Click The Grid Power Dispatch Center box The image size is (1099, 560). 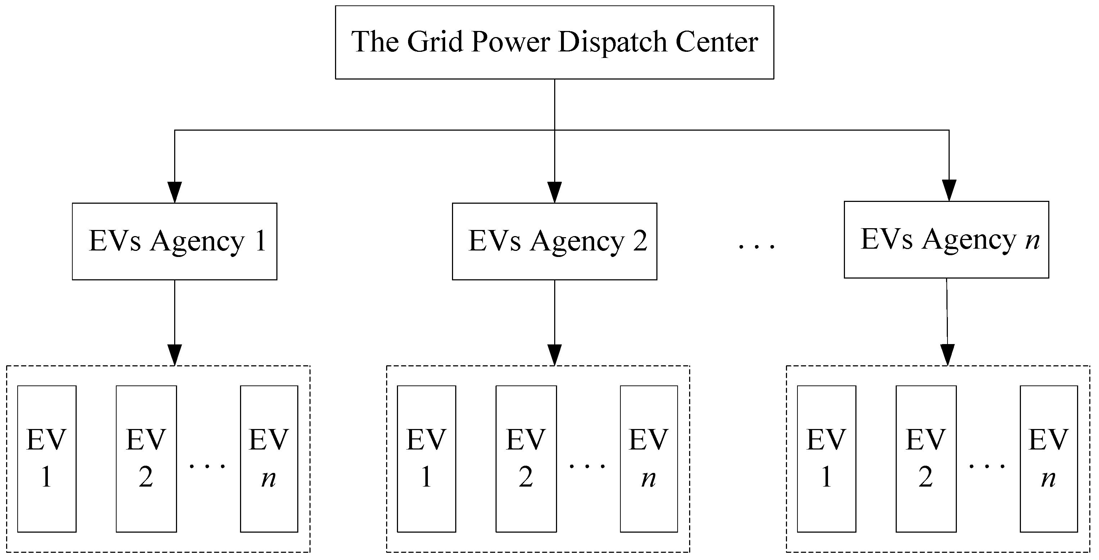tap(554, 42)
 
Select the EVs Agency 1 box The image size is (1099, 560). tap(175, 241)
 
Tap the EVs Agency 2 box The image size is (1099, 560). tap(554, 241)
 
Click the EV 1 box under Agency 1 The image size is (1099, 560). tap(47, 459)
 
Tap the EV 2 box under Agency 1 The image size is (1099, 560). tap(146, 459)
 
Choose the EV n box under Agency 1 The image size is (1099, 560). tap(269, 459)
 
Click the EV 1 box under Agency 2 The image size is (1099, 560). tap(426, 459)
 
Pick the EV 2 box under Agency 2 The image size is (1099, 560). tap(526, 459)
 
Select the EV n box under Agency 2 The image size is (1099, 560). tap(648, 459)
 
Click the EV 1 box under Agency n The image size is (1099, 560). tap(826, 459)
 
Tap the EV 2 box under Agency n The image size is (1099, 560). tap(926, 459)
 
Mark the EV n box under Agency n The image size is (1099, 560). tap(1048, 459)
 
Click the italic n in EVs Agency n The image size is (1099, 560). tap(1032, 241)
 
